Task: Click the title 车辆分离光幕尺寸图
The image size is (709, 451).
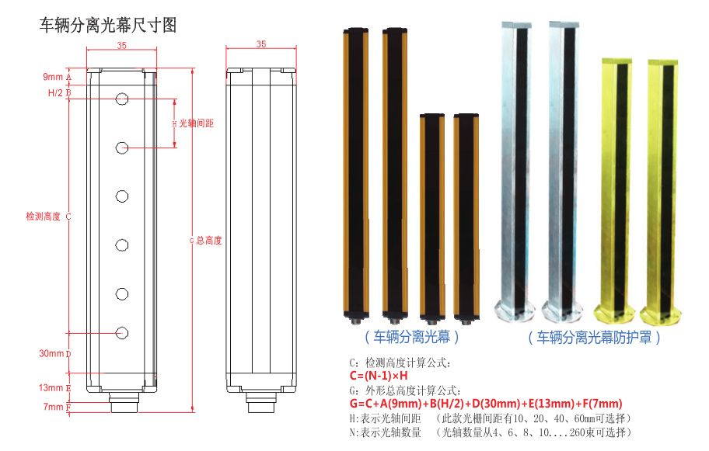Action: (108, 26)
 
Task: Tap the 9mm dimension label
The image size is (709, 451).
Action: (53, 77)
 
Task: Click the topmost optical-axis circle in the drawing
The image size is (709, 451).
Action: (122, 99)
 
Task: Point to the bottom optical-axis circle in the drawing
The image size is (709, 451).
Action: (122, 332)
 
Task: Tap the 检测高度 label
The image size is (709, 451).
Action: (43, 217)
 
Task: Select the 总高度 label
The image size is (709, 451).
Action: (209, 241)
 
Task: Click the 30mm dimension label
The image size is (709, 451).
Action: (51, 354)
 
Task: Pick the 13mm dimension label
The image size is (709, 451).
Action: (51, 387)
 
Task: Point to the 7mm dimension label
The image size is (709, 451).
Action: (53, 407)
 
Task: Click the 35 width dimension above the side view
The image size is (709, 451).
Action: (260, 45)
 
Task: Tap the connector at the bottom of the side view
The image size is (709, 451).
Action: (260, 404)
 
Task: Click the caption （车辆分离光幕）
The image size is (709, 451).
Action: (412, 337)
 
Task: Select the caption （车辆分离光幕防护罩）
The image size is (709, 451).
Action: (595, 338)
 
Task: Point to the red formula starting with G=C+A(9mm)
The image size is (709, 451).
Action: (486, 404)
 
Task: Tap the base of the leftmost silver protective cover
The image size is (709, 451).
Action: (514, 310)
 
